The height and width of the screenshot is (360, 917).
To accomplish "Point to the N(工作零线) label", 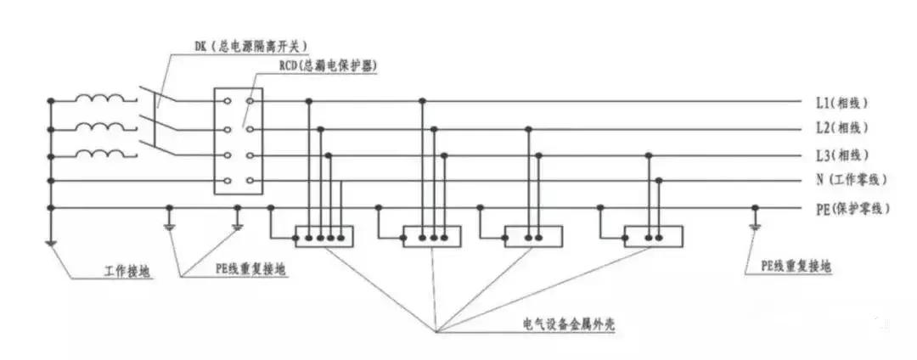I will tap(850, 180).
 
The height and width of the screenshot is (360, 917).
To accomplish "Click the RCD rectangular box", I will tap(239, 142).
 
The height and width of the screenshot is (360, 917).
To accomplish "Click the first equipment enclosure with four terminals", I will tap(323, 236).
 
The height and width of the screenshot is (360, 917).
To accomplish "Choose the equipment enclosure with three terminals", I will tap(431, 236).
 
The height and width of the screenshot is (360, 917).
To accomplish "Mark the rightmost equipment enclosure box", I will tap(653, 236).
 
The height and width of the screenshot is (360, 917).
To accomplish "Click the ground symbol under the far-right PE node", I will tap(754, 227).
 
